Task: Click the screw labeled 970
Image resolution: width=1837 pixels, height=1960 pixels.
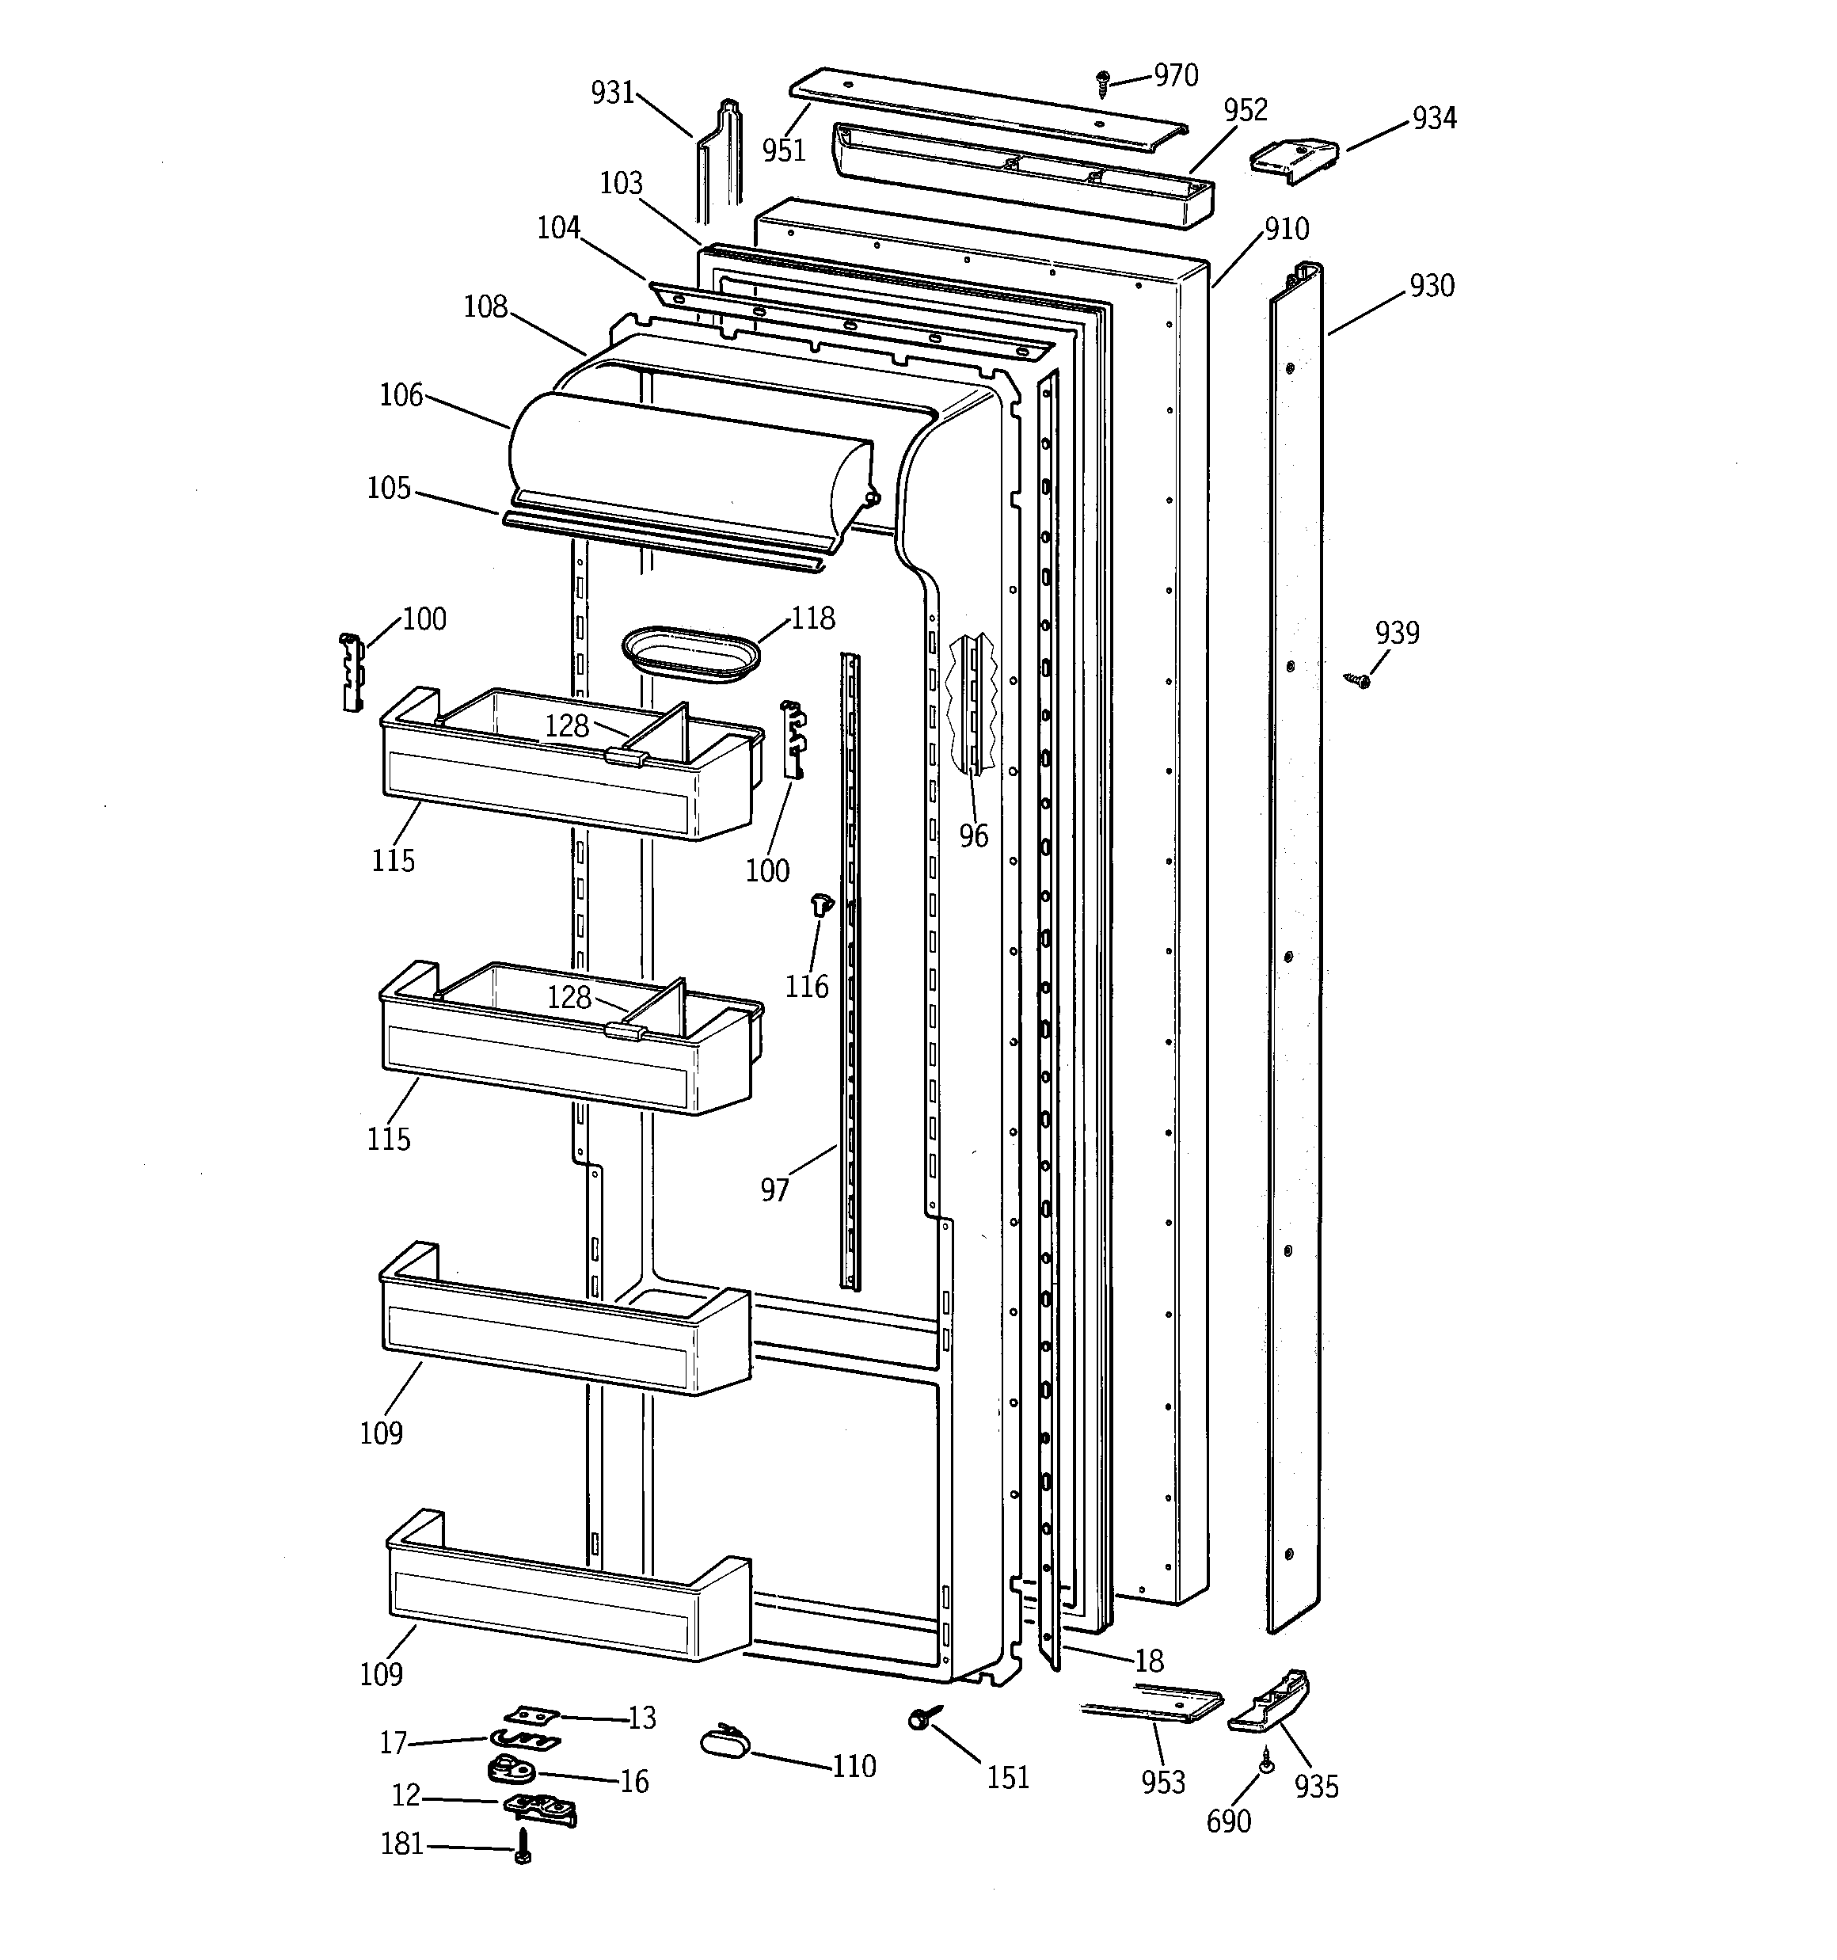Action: coord(1103,83)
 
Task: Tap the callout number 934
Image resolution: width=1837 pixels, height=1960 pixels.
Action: coord(1434,118)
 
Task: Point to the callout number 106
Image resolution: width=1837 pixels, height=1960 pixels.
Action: coord(401,395)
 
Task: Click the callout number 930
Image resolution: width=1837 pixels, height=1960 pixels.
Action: coord(1431,286)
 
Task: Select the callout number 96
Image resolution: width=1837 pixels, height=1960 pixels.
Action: coord(973,836)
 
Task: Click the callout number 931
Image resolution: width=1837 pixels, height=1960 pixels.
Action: coord(612,93)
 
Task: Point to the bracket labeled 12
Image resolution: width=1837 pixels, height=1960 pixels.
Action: coord(539,1807)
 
